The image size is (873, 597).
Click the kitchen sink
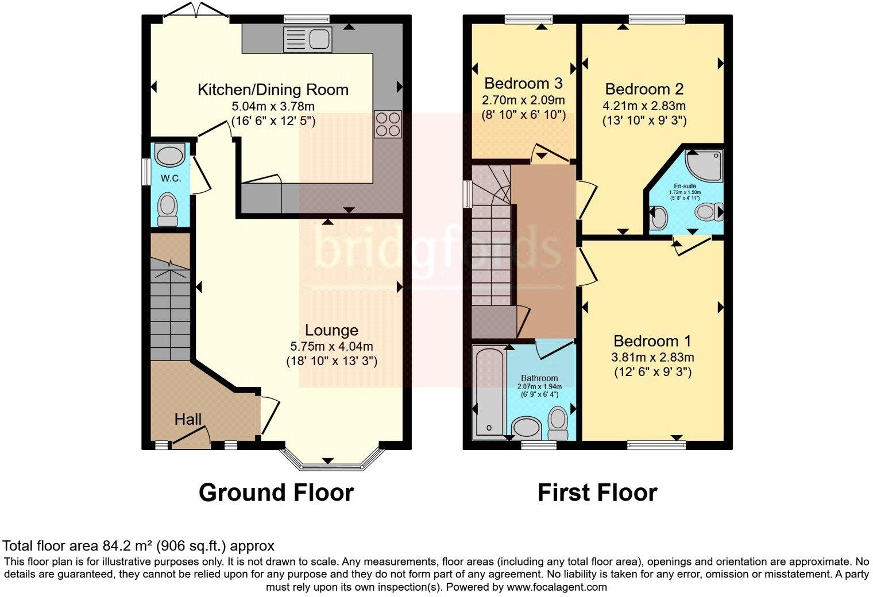point(307,40)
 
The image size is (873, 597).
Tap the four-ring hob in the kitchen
point(388,124)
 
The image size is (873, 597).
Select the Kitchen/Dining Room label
point(273,90)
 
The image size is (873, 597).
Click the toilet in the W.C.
point(168,209)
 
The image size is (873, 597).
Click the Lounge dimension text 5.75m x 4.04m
point(331,346)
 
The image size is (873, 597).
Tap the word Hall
point(188,420)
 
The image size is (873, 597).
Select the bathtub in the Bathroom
point(489,393)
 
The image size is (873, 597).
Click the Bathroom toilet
point(558,422)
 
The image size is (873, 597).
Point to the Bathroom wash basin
point(527,428)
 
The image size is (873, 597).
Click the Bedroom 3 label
point(523,83)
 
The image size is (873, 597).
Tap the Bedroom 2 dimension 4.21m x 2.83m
point(644,106)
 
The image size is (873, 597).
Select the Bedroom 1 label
point(652,341)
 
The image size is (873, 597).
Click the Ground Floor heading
point(276,493)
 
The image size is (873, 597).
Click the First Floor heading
point(597,493)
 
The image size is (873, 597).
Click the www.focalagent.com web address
point(557,587)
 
